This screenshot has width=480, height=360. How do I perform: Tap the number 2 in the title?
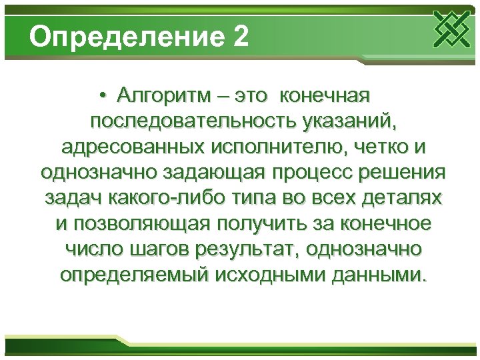241,37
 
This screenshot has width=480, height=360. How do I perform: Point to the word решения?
405,173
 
